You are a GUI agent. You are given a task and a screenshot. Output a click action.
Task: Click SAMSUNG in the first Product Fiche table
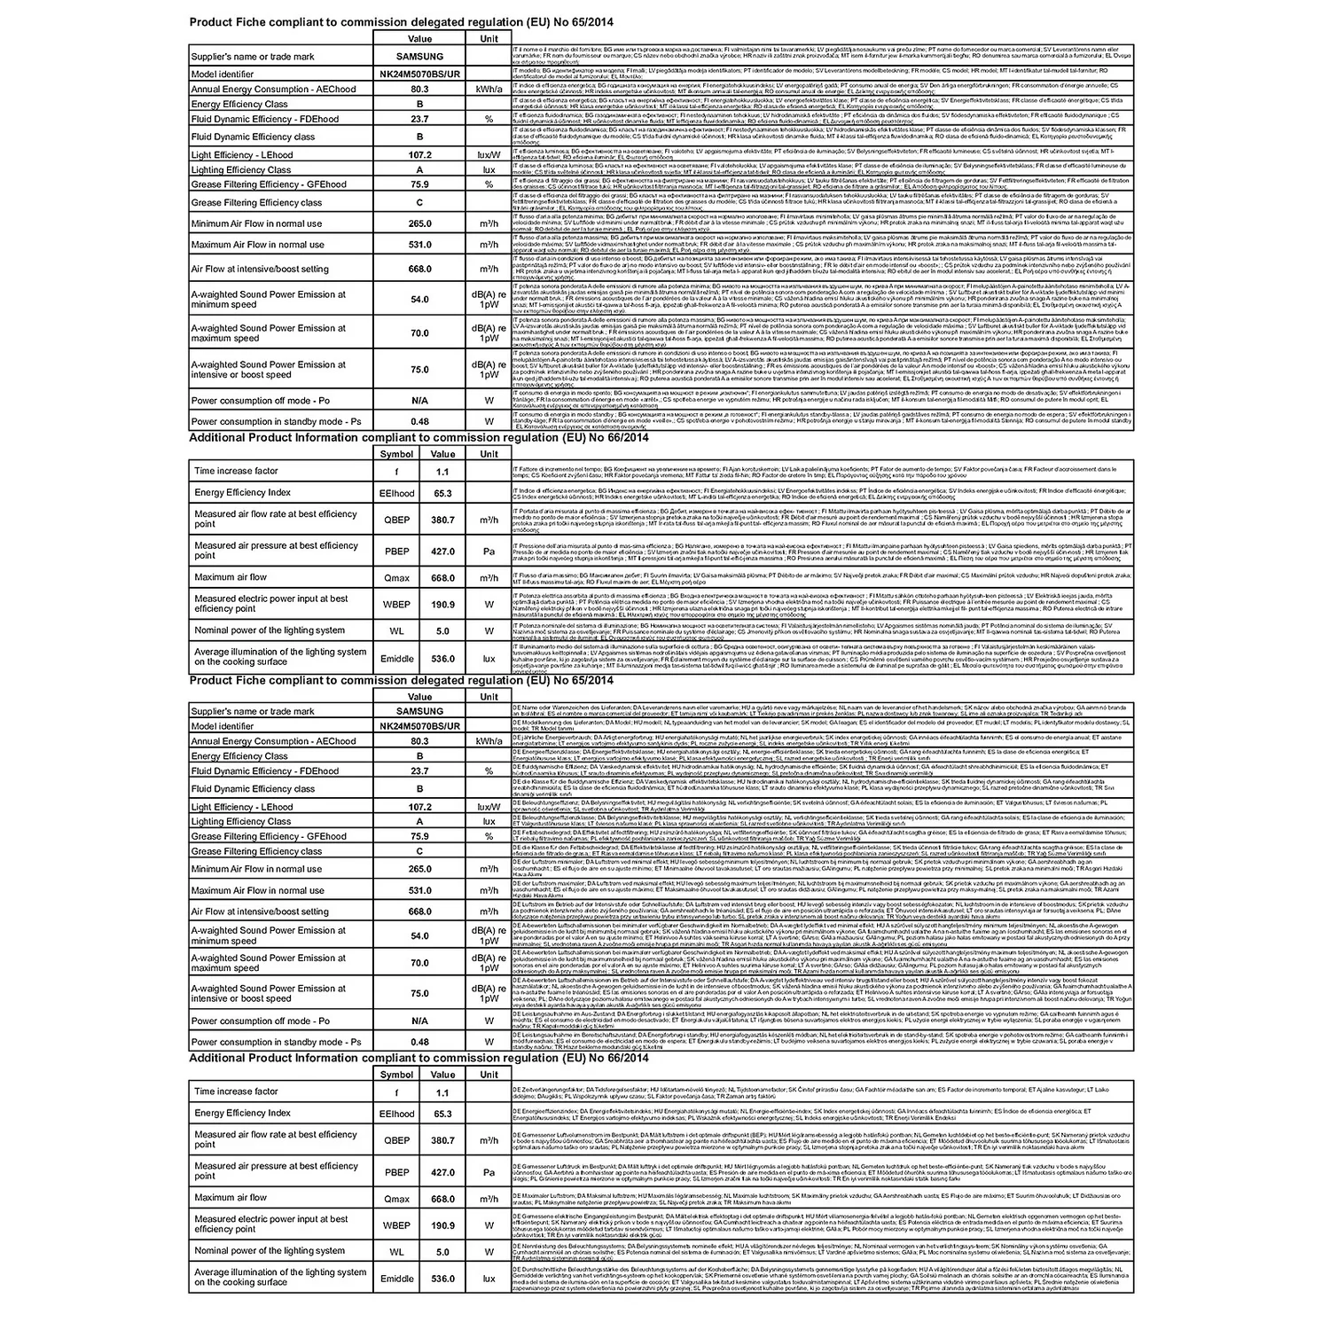tap(419, 57)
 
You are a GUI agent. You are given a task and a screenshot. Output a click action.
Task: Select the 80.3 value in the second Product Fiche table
tap(419, 741)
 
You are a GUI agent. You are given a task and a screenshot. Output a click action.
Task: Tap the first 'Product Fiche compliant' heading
tap(401, 21)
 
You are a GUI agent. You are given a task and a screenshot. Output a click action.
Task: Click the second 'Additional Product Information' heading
tap(419, 1058)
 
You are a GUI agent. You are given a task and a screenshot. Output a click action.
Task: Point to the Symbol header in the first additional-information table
tap(396, 454)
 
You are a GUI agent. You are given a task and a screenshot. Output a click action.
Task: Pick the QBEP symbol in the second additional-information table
tap(396, 1141)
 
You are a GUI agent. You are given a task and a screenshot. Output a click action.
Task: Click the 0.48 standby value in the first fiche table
tap(419, 422)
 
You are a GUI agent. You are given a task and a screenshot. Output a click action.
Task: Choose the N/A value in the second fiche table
tap(419, 1021)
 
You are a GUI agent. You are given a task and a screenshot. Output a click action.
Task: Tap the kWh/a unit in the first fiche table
tap(489, 90)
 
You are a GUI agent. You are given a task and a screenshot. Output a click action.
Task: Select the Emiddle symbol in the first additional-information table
tap(396, 659)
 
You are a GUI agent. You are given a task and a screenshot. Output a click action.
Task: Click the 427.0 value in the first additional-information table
tap(442, 552)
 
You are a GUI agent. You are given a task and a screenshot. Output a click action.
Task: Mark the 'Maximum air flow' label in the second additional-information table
tap(231, 1198)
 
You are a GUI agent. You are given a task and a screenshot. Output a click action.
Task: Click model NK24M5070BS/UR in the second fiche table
tap(419, 726)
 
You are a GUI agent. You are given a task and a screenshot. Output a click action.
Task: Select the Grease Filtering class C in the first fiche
tap(419, 203)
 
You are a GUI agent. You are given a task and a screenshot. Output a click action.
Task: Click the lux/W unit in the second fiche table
tap(489, 807)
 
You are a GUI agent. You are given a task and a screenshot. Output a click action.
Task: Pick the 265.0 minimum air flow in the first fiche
tap(419, 223)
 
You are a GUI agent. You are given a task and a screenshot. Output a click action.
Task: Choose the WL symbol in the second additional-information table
tap(396, 1252)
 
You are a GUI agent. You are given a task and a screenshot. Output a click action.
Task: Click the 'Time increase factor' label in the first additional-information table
tap(236, 472)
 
